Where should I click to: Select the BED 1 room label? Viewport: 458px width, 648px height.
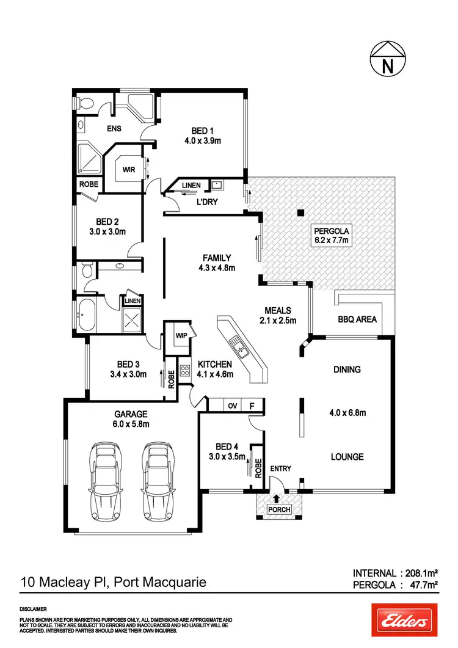pos(200,131)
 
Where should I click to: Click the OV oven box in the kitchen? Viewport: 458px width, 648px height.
pos(233,405)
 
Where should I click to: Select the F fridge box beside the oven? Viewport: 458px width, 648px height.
pos(252,405)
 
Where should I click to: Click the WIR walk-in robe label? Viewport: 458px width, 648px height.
pos(128,170)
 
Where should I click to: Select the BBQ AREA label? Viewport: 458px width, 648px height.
pos(357,319)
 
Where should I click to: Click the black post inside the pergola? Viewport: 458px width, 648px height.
pos(300,213)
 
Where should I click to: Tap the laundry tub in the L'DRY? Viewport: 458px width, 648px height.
pos(217,184)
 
